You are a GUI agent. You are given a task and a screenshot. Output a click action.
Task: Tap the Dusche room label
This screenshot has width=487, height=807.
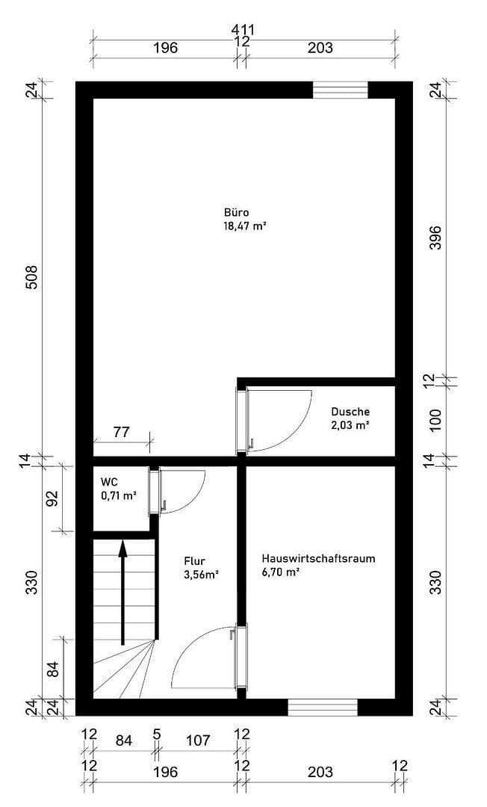350,412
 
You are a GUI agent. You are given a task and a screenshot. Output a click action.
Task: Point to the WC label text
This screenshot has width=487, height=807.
109,482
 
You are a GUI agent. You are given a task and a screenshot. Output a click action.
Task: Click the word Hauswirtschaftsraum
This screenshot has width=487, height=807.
318,558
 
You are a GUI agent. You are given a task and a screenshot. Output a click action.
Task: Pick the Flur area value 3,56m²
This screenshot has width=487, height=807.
201,575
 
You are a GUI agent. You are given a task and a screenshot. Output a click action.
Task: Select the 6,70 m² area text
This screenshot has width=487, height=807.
281,572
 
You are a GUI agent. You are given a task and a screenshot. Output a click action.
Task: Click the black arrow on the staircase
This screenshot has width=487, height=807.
123,590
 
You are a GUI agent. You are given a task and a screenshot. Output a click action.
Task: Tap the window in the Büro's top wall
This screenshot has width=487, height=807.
340,90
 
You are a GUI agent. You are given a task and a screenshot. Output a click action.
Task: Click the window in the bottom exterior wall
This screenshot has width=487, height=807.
323,707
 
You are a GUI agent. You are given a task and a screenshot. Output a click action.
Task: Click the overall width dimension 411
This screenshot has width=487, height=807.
243,30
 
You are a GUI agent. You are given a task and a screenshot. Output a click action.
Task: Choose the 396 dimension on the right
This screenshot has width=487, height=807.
436,238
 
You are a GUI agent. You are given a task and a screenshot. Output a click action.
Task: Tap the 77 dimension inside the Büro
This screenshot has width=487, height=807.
122,431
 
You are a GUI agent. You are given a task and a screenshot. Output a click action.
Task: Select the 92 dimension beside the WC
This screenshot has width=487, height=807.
52,498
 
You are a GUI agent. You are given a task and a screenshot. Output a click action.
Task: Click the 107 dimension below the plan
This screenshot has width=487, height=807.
198,740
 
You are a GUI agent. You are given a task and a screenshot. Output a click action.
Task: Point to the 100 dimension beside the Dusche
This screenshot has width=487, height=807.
436,421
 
